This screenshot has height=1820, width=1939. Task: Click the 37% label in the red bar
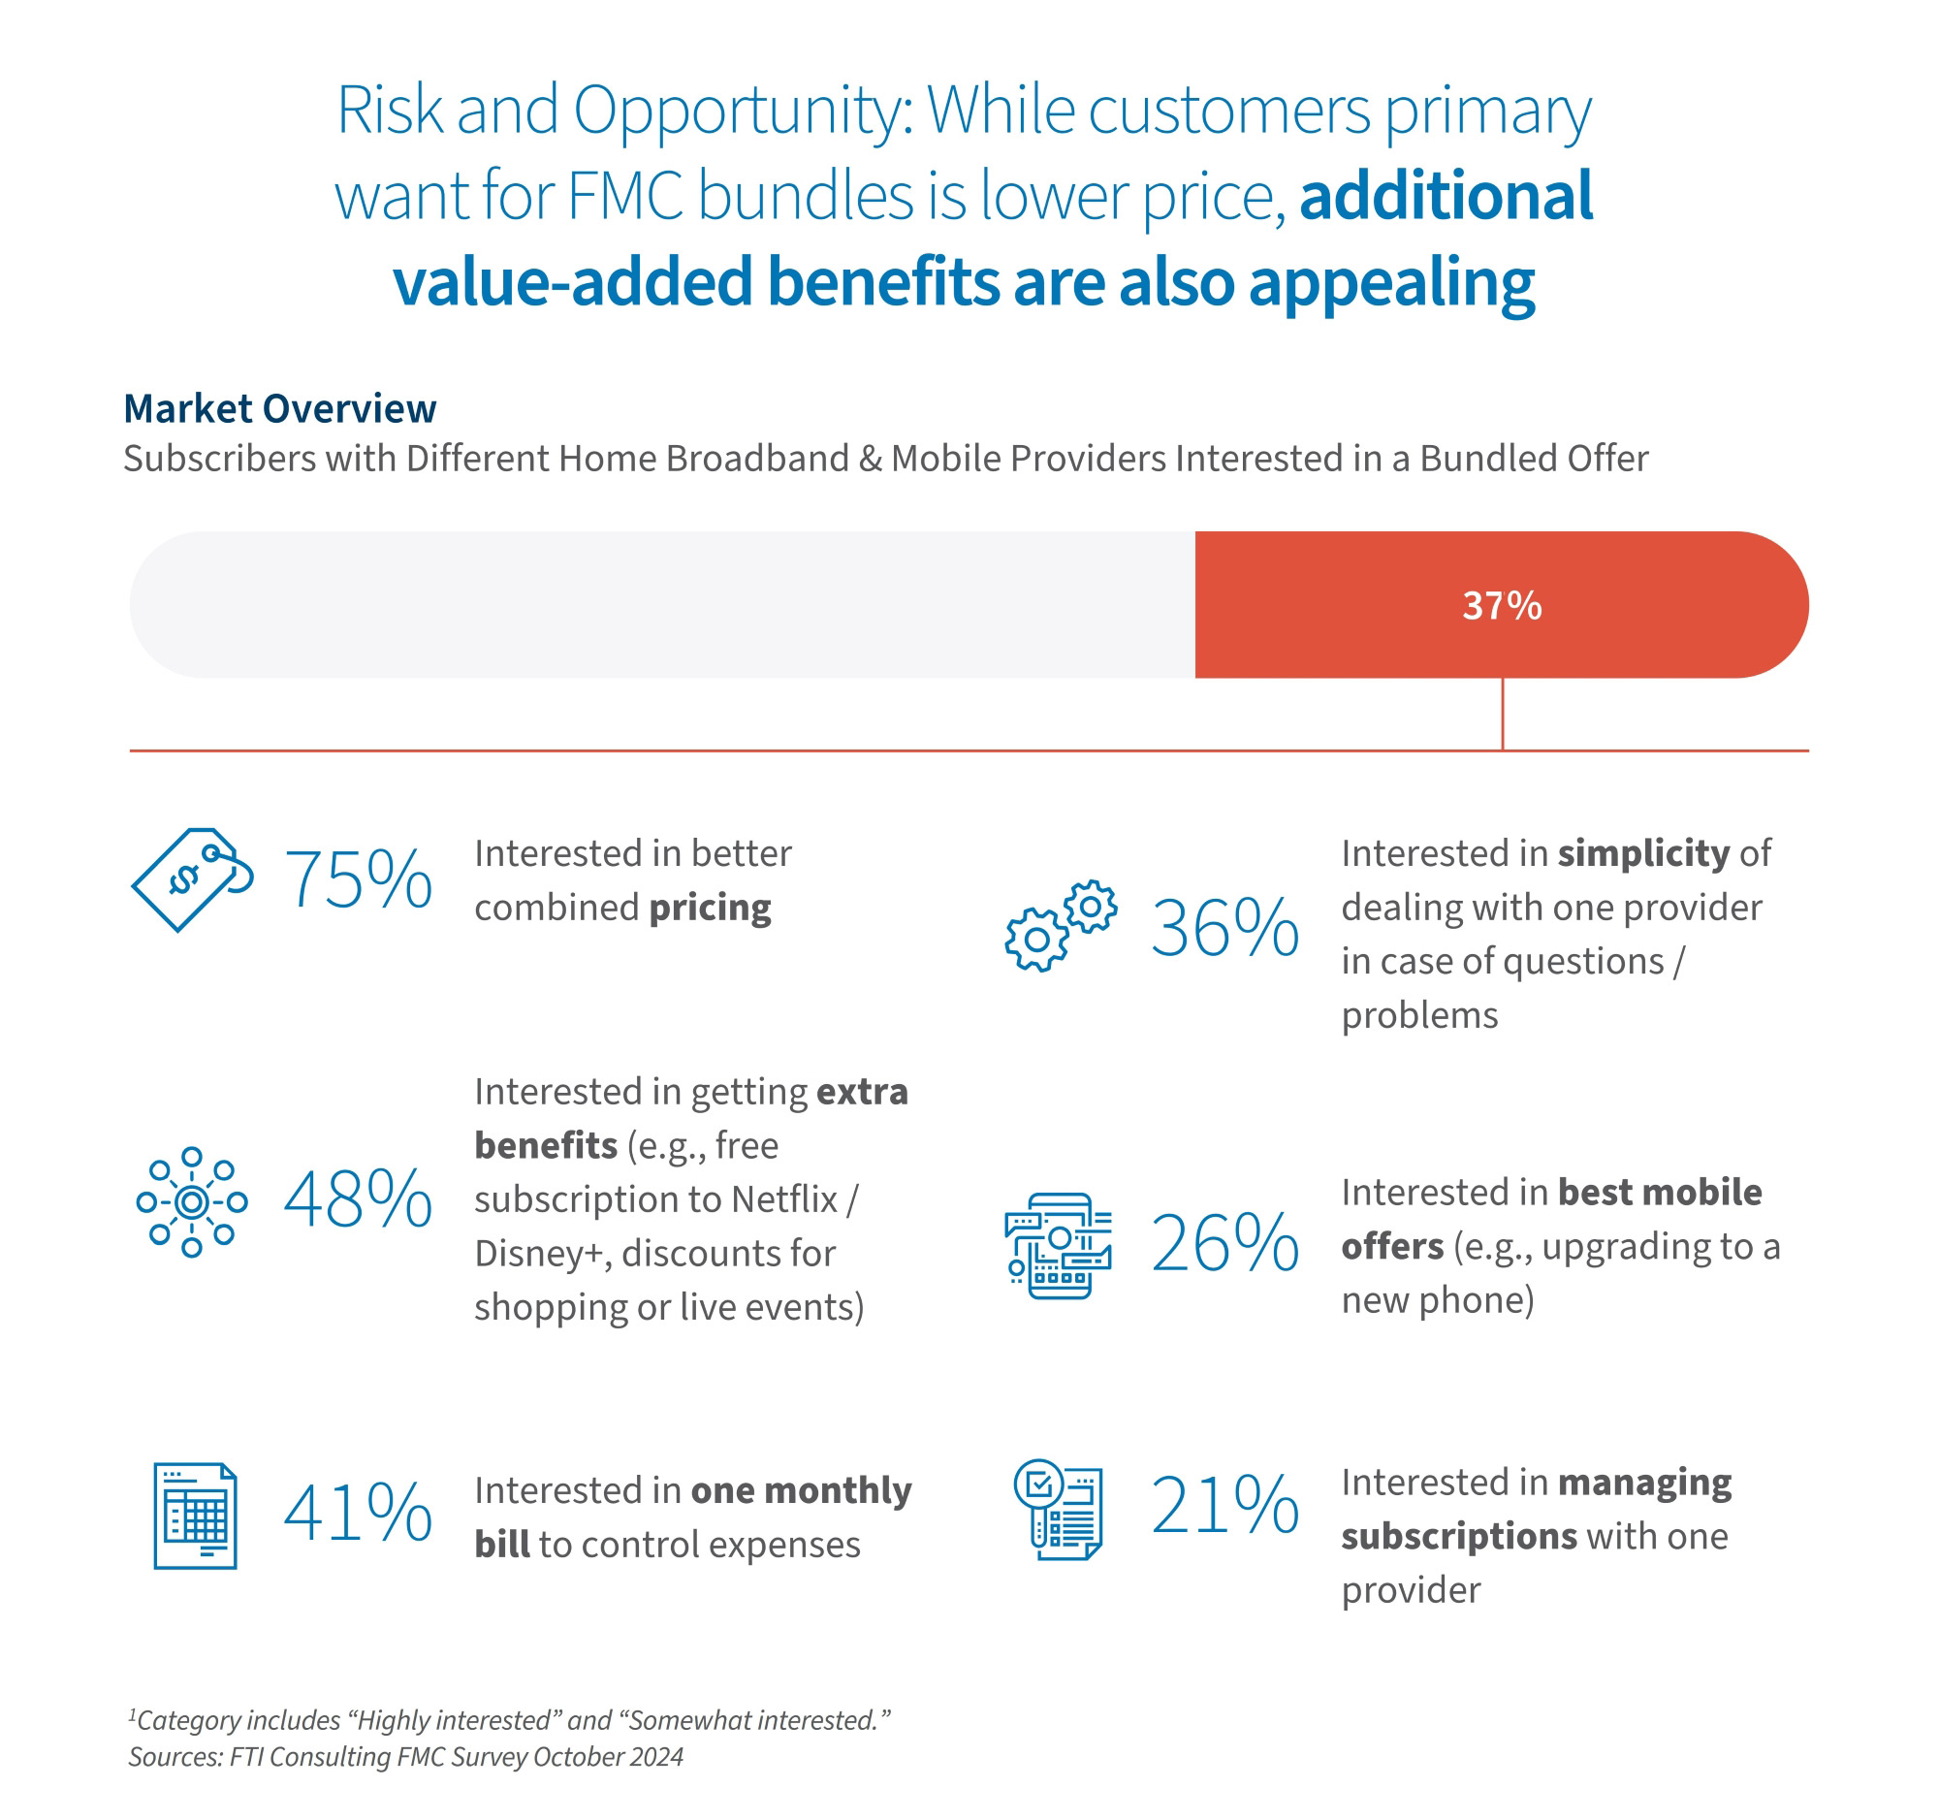click(x=1501, y=606)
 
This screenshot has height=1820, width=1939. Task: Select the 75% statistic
click(x=358, y=879)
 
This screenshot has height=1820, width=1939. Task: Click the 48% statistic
click(x=358, y=1199)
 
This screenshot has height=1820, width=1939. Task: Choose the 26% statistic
click(x=1225, y=1244)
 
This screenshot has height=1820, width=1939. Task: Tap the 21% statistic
click(x=1225, y=1505)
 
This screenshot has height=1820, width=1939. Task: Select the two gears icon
click(x=1061, y=926)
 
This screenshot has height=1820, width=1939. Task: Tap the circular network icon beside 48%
click(x=192, y=1201)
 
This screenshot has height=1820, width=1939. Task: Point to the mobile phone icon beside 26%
click(x=1059, y=1246)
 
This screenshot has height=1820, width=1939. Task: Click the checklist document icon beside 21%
click(x=1059, y=1509)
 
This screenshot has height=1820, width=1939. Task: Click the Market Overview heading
click(x=280, y=408)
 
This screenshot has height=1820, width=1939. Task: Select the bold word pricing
click(x=710, y=908)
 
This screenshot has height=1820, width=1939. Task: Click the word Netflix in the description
click(x=784, y=1199)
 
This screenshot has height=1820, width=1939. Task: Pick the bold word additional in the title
click(x=1446, y=196)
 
